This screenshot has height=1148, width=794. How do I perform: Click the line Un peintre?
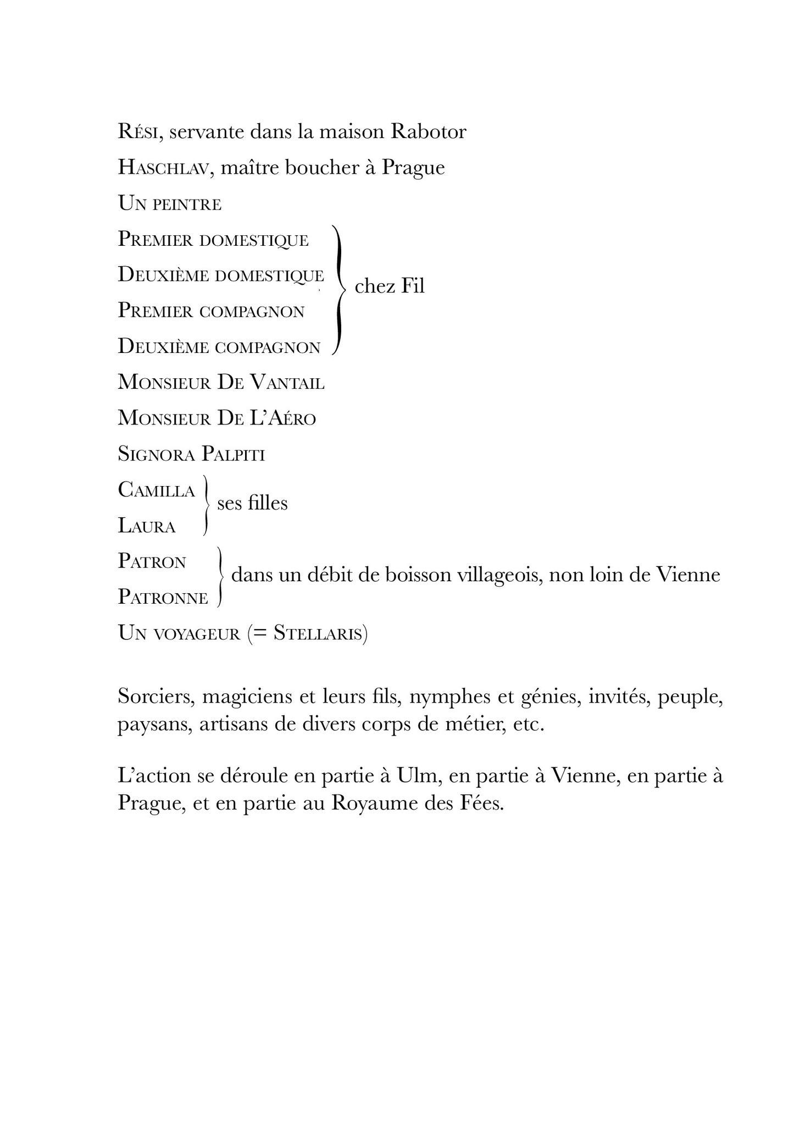[169, 205]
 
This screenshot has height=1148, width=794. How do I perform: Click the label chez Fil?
[390, 286]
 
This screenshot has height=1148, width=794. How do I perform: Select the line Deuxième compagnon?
[219, 347]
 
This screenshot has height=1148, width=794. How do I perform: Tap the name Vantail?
[287, 383]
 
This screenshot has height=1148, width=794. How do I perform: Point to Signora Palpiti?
[191, 455]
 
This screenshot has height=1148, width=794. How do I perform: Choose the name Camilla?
[157, 490]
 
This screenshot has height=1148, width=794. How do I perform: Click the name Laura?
[147, 527]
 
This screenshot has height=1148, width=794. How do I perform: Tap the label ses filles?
[252, 504]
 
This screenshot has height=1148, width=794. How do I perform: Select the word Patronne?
[163, 598]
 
